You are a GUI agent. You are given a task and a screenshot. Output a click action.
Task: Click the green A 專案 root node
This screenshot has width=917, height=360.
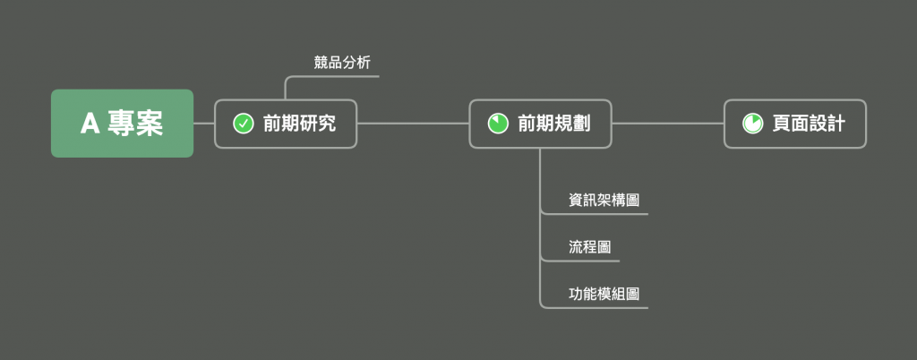pyautogui.click(x=122, y=124)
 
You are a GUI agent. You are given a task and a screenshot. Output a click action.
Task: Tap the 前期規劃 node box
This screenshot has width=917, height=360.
pyautogui.click(x=540, y=124)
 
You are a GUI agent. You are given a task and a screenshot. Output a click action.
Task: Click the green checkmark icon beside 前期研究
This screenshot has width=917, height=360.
pyautogui.click(x=243, y=124)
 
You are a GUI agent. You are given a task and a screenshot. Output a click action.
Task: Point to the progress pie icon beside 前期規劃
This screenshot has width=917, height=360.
pyautogui.click(x=498, y=124)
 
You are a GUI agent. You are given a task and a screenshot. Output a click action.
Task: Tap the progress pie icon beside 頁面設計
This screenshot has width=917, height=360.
pyautogui.click(x=752, y=124)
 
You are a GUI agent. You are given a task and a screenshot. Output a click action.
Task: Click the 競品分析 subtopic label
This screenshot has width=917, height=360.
pyautogui.click(x=342, y=63)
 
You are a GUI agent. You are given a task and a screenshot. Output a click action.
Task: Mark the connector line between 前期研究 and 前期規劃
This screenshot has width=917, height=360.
pyautogui.click(x=413, y=124)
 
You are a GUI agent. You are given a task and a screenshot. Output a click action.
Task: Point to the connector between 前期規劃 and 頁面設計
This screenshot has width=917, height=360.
pyautogui.click(x=668, y=124)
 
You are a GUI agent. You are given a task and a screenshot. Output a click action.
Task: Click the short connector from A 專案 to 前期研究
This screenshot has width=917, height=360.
pyautogui.click(x=204, y=124)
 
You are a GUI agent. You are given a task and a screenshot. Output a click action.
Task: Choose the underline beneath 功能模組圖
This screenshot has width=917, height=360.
pyautogui.click(x=595, y=308)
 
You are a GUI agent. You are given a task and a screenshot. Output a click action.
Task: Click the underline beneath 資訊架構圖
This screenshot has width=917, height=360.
pyautogui.click(x=595, y=214)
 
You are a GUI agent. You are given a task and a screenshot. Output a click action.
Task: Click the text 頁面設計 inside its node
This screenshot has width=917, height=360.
pyautogui.click(x=809, y=124)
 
